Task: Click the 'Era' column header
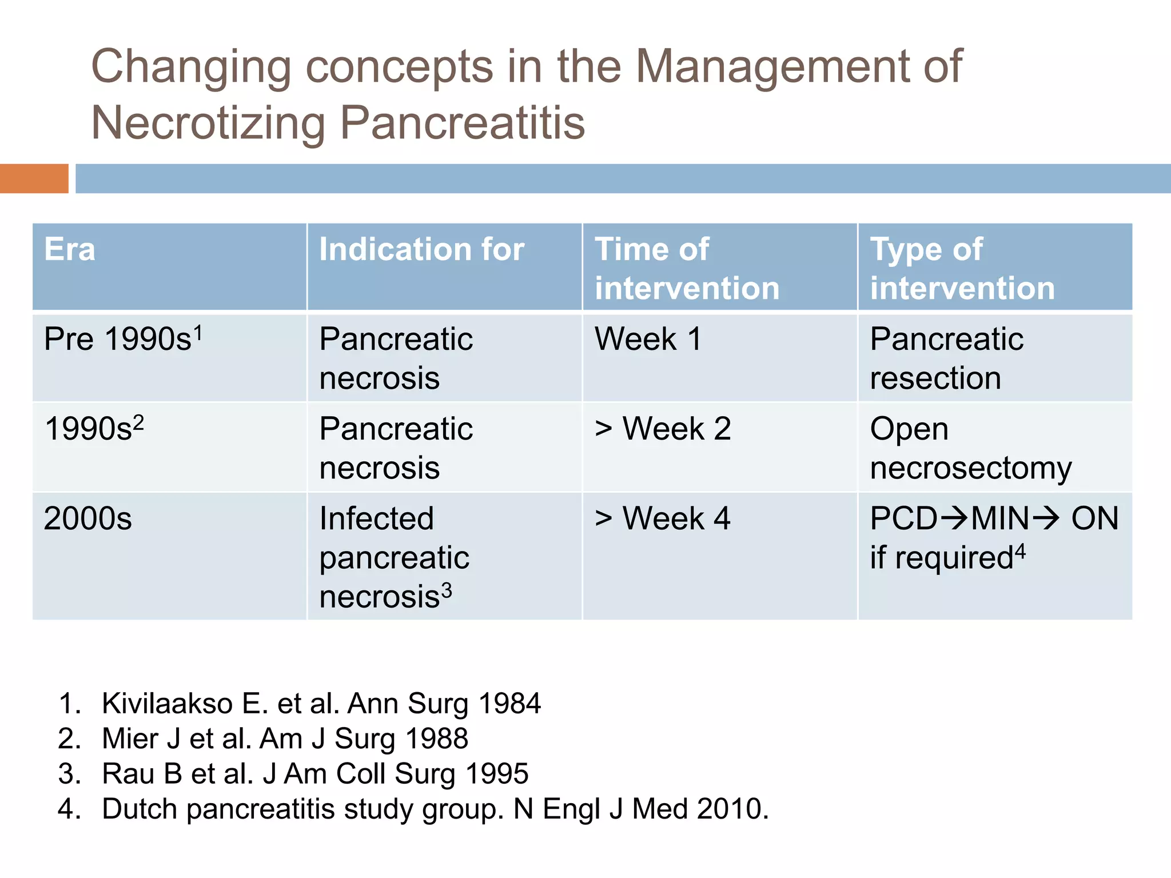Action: [70, 250]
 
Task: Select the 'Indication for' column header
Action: [421, 250]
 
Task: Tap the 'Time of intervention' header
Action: [687, 269]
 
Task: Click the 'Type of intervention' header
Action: [962, 269]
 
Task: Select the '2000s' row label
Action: [87, 518]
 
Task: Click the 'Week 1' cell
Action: [648, 339]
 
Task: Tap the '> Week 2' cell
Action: [663, 429]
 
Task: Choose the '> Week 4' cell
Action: [663, 518]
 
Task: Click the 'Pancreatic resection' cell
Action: [946, 358]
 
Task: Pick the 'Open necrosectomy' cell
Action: [970, 448]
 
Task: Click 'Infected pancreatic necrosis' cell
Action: [395, 557]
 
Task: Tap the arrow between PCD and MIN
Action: [954, 519]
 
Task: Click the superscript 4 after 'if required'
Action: [1020, 552]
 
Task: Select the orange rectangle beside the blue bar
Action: [34, 178]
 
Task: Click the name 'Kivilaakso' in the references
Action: [167, 703]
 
